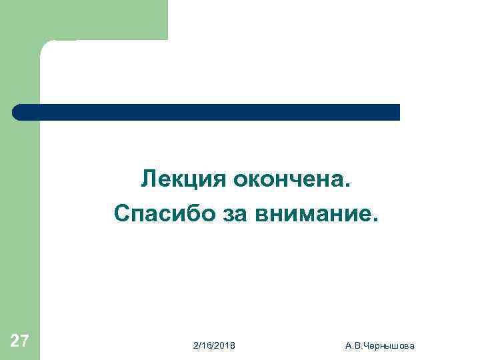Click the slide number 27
pyautogui.click(x=20, y=342)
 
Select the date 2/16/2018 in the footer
pyautogui.click(x=213, y=345)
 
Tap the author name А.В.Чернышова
pyautogui.click(x=380, y=345)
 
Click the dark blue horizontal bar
pyautogui.click(x=207, y=112)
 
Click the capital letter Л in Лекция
pyautogui.click(x=148, y=179)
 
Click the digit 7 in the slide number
pyautogui.click(x=24, y=342)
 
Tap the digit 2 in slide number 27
pyautogui.click(x=15, y=342)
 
